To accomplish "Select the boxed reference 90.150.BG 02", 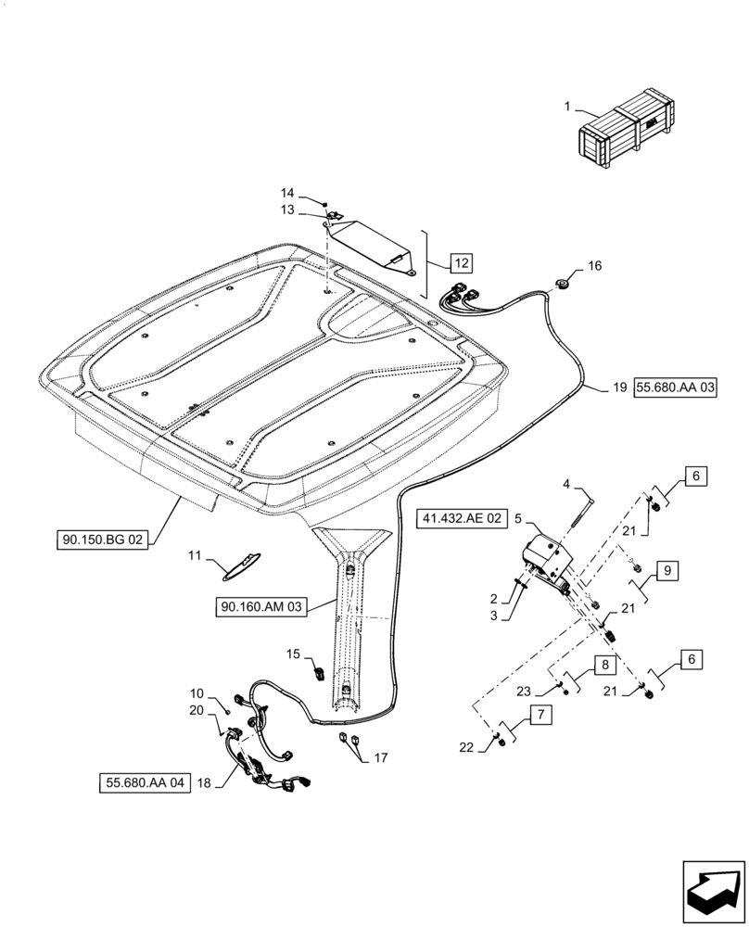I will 104,539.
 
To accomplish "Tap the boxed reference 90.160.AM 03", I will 262,607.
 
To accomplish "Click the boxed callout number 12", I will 463,263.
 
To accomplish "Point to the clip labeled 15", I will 316,670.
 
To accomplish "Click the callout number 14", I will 287,192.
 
